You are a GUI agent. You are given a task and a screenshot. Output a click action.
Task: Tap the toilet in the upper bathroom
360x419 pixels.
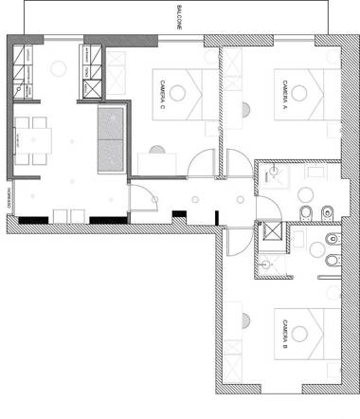306,210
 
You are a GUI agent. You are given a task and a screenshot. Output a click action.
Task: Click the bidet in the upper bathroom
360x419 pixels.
327,210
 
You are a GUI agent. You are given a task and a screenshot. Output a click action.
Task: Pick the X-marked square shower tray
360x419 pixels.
272,234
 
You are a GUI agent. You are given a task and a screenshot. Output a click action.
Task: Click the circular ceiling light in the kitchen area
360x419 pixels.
58,67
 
